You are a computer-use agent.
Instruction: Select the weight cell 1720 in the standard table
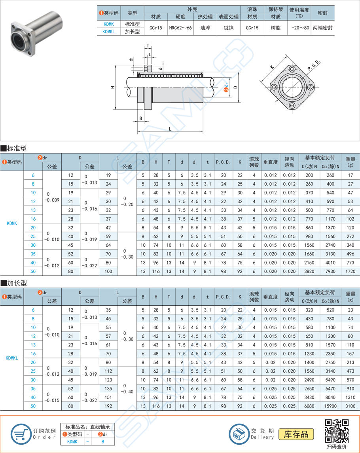[x=351, y=271]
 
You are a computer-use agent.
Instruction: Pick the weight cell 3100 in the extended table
[x=351, y=406]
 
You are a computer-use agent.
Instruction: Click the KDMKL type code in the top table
[x=108, y=32]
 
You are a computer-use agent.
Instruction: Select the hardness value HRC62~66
[x=180, y=28]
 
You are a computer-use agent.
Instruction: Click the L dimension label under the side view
[x=170, y=129]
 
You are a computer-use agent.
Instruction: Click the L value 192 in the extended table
[x=108, y=406]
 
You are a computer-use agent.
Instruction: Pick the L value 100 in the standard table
[x=108, y=271]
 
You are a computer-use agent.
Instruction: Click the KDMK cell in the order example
[x=72, y=441]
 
